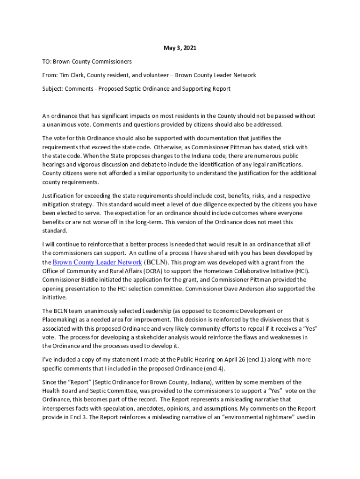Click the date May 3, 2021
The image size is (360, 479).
(180, 48)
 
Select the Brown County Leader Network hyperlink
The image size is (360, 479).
(97, 262)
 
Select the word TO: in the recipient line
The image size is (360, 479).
(47, 61)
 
